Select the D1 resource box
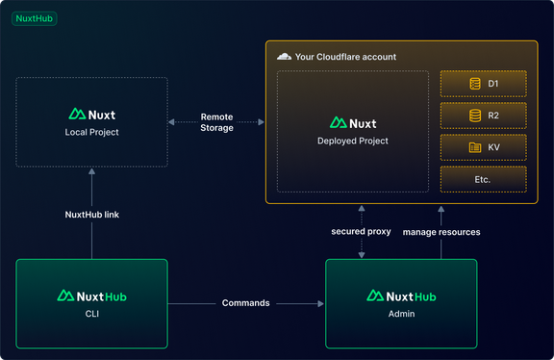click(x=483, y=84)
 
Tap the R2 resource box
click(x=483, y=116)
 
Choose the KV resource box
click(x=483, y=147)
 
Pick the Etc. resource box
click(x=483, y=179)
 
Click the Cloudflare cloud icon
click(x=284, y=57)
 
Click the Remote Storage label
click(x=216, y=122)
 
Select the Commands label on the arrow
click(x=246, y=303)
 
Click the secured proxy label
click(x=361, y=232)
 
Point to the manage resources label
click(x=441, y=232)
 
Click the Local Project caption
click(x=92, y=132)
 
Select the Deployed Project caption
click(x=353, y=141)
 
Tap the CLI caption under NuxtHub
click(x=92, y=313)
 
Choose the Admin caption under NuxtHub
click(x=400, y=313)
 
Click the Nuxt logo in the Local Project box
click(x=92, y=114)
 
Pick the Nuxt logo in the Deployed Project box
click(x=353, y=122)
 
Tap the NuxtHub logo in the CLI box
click(x=92, y=296)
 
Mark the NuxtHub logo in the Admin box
click(x=400, y=296)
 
